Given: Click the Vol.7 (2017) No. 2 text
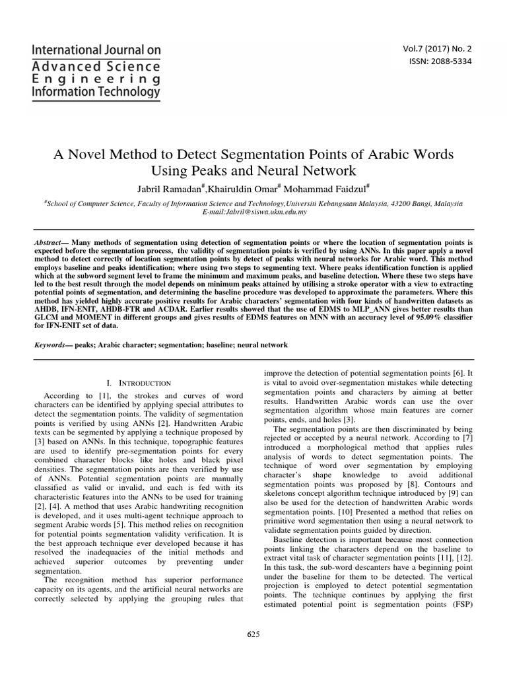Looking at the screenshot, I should (442, 48).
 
